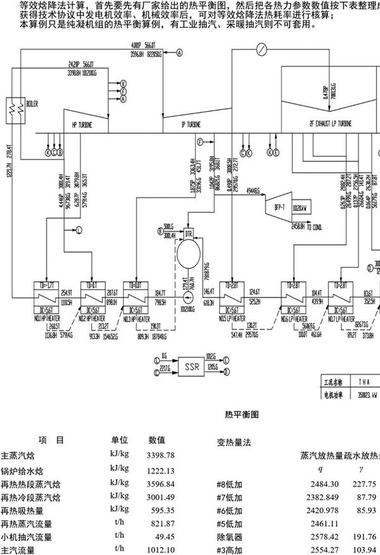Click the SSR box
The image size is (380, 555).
coord(189,365)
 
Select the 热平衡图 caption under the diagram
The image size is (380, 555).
coord(242,415)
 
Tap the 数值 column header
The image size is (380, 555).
coord(157,440)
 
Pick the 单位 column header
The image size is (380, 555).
coord(120,440)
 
